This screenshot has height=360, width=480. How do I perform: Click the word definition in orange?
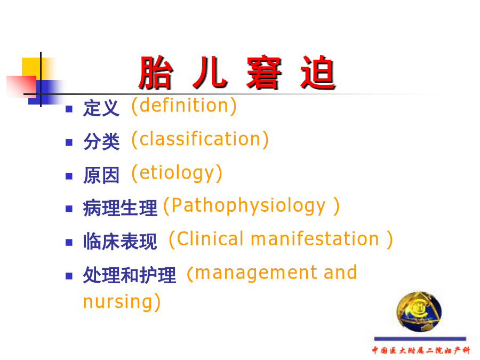[184, 106]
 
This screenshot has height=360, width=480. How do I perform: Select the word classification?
[200, 139]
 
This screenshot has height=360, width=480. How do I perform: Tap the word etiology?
[177, 173]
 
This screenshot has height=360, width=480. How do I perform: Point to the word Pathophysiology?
[248, 205]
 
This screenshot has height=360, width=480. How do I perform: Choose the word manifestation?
[315, 239]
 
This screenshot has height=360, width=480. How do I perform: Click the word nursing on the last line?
[117, 302]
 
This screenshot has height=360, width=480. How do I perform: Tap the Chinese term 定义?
[101, 108]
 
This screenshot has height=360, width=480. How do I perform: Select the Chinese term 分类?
[101, 141]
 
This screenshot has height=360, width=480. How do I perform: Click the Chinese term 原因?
[101, 175]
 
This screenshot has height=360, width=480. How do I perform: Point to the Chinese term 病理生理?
[120, 208]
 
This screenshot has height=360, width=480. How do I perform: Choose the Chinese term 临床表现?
[120, 241]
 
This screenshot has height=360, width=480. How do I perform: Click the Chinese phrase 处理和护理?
[130, 275]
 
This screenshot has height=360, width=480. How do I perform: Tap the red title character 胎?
[156, 73]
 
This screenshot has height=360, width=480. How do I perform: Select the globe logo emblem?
[419, 311]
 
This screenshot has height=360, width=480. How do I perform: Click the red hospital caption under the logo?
[421, 350]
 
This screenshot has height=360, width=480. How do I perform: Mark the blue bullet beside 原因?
[69, 176]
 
